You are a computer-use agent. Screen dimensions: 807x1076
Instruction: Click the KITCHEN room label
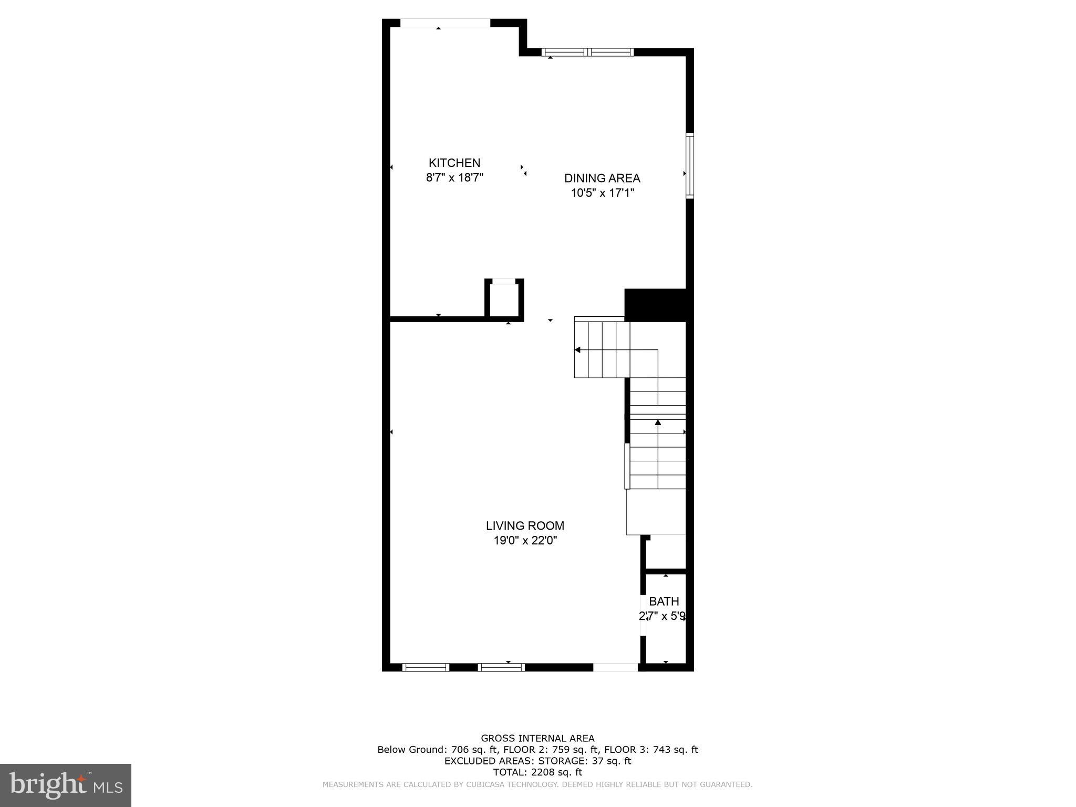454,163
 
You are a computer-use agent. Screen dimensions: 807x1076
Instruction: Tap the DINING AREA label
602,178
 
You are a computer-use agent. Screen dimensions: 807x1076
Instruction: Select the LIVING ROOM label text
525,525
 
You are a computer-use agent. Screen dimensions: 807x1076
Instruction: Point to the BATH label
664,601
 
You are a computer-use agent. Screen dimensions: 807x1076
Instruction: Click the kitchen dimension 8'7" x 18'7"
454,178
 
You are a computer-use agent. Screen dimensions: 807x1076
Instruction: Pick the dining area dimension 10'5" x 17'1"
603,193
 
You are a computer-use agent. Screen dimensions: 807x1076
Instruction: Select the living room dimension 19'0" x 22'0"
525,540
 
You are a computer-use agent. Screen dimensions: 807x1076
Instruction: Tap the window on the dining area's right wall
690,166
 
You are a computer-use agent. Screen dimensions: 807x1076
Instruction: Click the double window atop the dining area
587,52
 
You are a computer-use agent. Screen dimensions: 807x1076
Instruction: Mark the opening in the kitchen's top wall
445,23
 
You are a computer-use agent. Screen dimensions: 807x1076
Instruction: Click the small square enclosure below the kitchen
504,299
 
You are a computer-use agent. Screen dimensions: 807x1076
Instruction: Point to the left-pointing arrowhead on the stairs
577,350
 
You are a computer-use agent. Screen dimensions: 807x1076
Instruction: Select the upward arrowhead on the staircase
658,422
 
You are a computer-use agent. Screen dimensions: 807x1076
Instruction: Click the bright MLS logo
66,785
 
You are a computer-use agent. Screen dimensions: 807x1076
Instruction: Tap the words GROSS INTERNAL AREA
537,738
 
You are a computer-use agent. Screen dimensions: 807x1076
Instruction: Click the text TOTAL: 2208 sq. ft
537,772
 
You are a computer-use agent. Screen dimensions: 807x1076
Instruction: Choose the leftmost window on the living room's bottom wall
426,667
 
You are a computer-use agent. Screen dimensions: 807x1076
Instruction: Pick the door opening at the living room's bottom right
616,667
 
